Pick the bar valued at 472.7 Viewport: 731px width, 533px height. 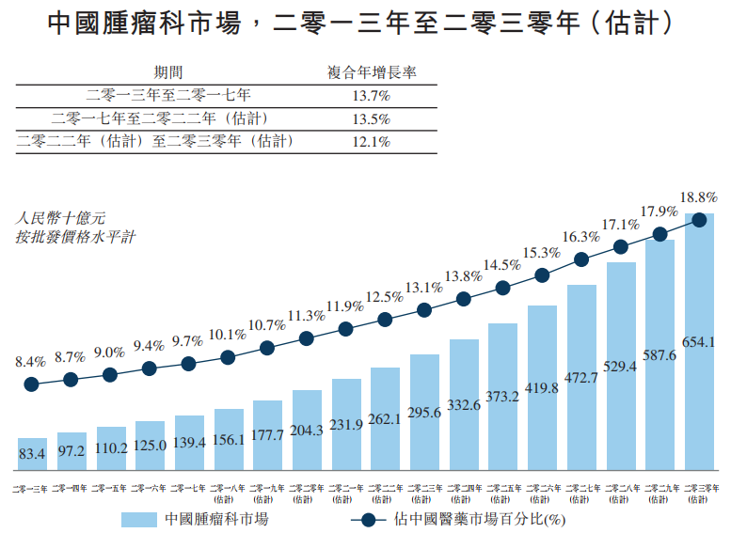(x=581, y=376)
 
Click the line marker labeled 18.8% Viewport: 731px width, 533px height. (x=699, y=221)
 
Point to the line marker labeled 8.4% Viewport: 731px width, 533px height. (x=31, y=384)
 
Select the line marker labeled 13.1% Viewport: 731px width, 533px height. (x=424, y=309)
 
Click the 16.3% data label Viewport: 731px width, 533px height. (x=580, y=237)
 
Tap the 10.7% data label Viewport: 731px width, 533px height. (x=266, y=325)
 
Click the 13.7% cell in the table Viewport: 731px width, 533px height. (x=371, y=95)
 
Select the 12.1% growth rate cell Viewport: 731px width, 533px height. (x=371, y=142)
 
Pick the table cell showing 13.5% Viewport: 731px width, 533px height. (x=371, y=118)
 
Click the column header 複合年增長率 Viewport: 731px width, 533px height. (x=372, y=71)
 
